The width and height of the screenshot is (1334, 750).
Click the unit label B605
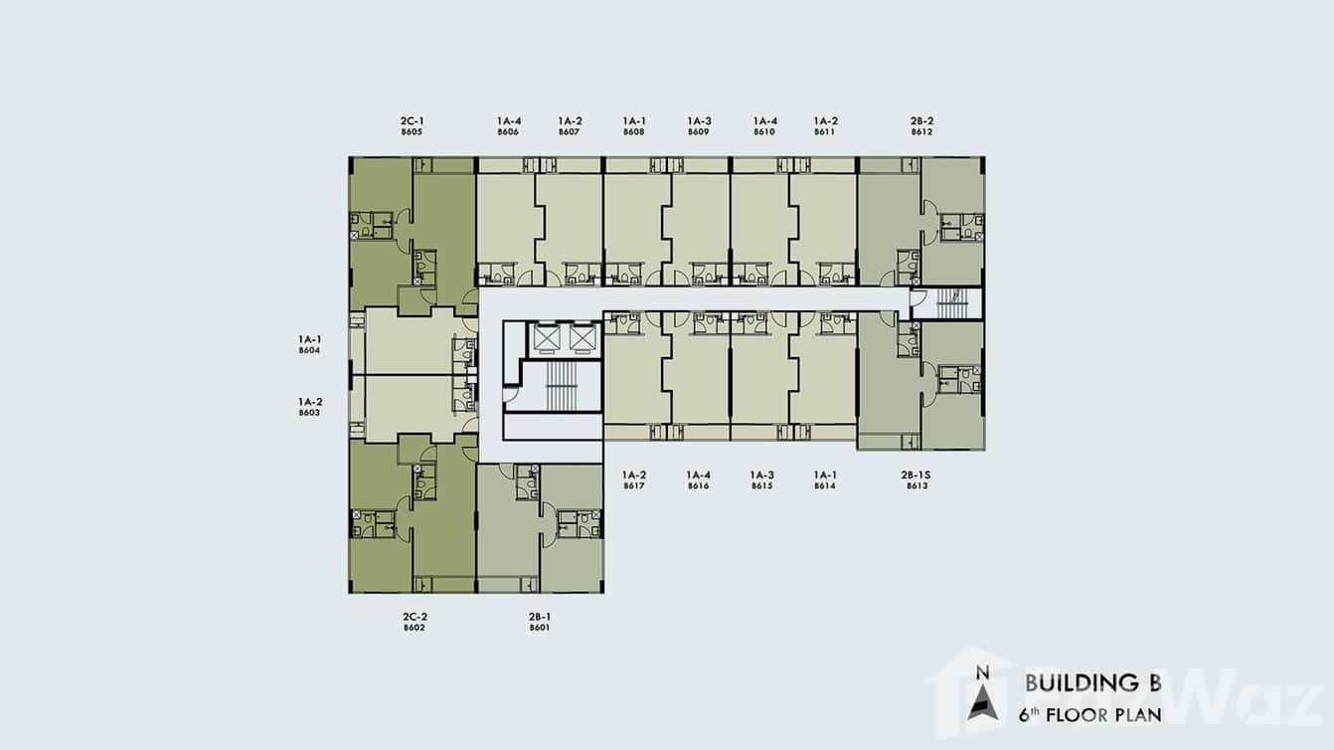(412, 132)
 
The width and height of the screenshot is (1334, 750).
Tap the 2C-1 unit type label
(413, 121)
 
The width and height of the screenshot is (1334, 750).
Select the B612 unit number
(921, 132)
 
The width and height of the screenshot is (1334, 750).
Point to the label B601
(540, 628)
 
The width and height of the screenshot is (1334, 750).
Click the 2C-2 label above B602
(415, 617)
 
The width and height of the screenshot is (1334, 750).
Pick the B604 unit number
(310, 350)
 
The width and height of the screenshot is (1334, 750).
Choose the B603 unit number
(310, 413)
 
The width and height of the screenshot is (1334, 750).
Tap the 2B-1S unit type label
(916, 474)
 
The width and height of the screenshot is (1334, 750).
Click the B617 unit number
(634, 486)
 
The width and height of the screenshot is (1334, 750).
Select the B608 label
(634, 132)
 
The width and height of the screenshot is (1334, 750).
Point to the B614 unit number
(825, 486)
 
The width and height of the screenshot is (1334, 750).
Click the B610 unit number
(764, 132)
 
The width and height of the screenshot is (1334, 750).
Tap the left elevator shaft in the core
(547, 338)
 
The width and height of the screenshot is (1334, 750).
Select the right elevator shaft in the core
(584, 338)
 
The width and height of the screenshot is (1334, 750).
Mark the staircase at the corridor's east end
(951, 303)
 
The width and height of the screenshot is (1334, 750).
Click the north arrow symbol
(983, 703)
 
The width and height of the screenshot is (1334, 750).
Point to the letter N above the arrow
(983, 673)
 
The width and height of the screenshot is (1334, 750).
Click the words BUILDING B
(1093, 683)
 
